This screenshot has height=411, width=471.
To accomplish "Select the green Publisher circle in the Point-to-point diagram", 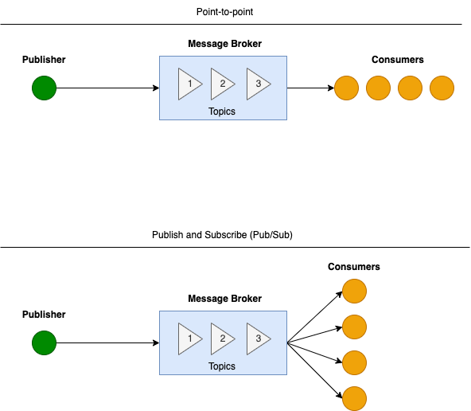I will pos(44,88).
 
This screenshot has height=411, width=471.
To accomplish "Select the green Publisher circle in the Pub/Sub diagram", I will pos(44,343).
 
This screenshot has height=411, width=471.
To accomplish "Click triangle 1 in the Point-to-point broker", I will pos(189,84).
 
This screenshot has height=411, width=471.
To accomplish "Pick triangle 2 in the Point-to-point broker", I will pos(222,84).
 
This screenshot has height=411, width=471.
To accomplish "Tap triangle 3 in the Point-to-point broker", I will pos(256,84).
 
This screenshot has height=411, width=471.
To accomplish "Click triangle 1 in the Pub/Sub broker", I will pos(189,339).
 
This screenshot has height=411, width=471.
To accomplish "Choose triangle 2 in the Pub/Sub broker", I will pos(222,339).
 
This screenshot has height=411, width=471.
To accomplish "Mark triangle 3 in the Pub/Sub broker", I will pos(256,339).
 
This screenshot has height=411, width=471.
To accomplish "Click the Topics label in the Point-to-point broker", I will pos(222,112).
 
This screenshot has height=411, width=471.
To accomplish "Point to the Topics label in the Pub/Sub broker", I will pos(222,366).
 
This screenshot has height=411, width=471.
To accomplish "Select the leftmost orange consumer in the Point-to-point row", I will pos(346,88).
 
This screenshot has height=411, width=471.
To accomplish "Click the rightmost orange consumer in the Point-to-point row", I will pos(442,88).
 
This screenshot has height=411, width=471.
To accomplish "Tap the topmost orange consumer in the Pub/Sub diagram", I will pos(354,291).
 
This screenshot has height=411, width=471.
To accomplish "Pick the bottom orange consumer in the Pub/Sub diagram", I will pos(354,398).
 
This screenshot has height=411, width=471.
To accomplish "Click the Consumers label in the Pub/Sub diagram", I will pos(354,267).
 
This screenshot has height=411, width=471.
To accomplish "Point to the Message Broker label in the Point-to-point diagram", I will pos(224,43).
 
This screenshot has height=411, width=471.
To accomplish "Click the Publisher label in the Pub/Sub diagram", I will pos(44,315).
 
